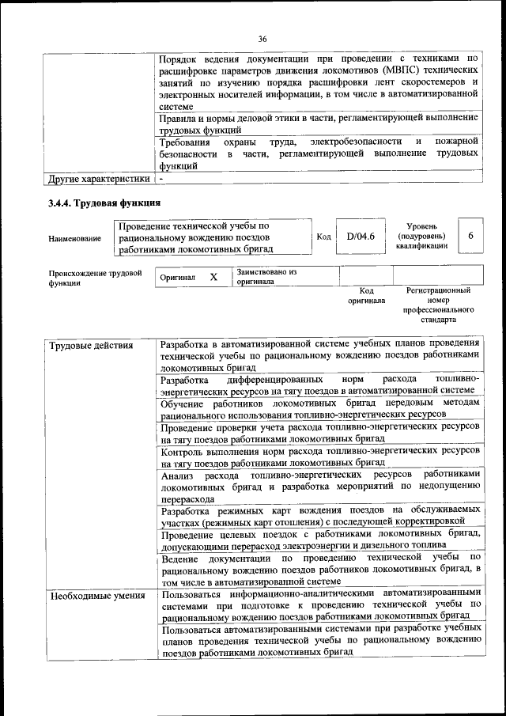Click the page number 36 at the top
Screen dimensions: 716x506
pyautogui.click(x=262, y=40)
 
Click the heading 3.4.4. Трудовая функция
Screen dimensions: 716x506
pyautogui.click(x=100, y=203)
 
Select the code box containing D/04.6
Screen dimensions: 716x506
pyautogui.click(x=360, y=236)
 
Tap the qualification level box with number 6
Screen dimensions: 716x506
pyautogui.click(x=470, y=236)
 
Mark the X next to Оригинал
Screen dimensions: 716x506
pyautogui.click(x=213, y=278)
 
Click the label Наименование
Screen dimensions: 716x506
pyautogui.click(x=74, y=238)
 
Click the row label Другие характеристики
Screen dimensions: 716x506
pyautogui.click(x=98, y=179)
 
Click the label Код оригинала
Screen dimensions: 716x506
pyautogui.click(x=366, y=296)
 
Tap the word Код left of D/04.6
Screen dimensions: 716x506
pyautogui.click(x=323, y=237)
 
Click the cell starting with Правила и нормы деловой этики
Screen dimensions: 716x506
pyautogui.click(x=318, y=123)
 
